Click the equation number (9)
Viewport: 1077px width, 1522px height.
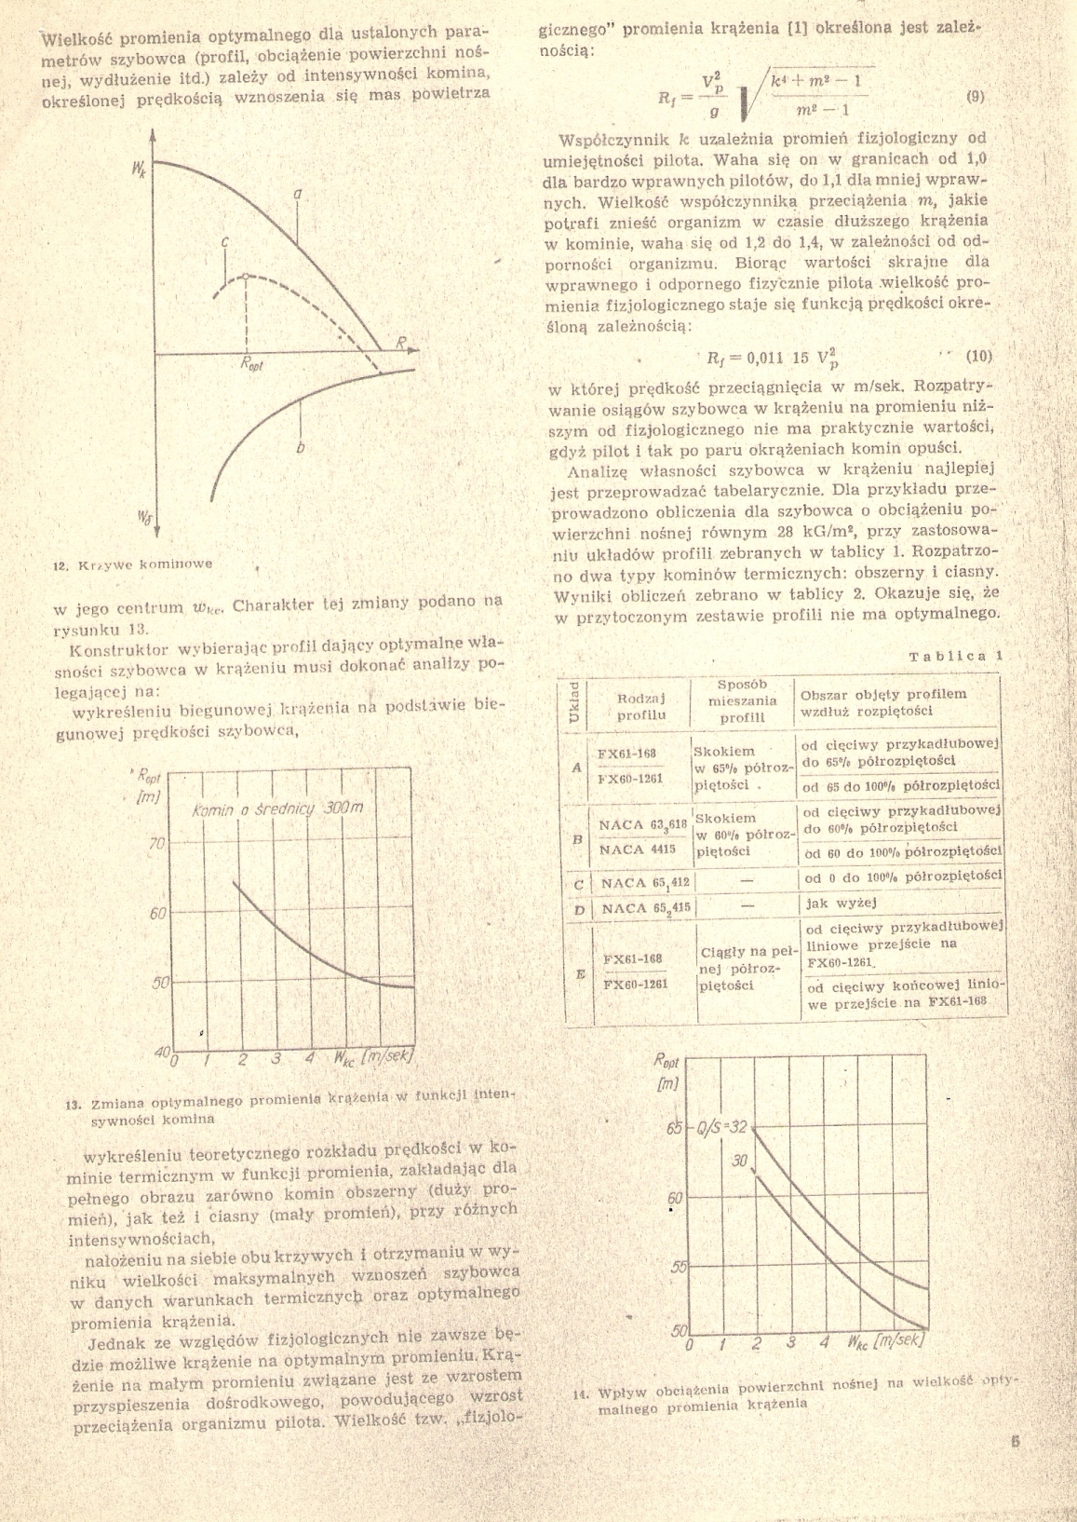976,96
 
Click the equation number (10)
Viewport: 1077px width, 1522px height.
980,355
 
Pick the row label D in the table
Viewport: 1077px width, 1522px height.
579,909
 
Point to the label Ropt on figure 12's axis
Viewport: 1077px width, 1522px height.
251,365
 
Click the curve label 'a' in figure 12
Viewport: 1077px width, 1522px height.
298,194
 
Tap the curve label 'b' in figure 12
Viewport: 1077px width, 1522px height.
300,449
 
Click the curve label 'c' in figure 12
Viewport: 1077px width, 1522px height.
225,241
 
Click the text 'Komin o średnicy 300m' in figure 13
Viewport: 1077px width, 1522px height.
276,809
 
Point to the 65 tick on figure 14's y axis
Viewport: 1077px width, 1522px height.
675,1130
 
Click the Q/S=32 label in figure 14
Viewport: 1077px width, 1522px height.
722,1128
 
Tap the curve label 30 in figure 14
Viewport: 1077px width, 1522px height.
739,1161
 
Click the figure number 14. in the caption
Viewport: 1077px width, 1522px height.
582,1394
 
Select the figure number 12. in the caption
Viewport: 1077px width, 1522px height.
61,564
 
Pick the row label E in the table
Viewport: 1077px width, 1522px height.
580,973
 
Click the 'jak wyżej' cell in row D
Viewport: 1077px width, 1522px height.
830,902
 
